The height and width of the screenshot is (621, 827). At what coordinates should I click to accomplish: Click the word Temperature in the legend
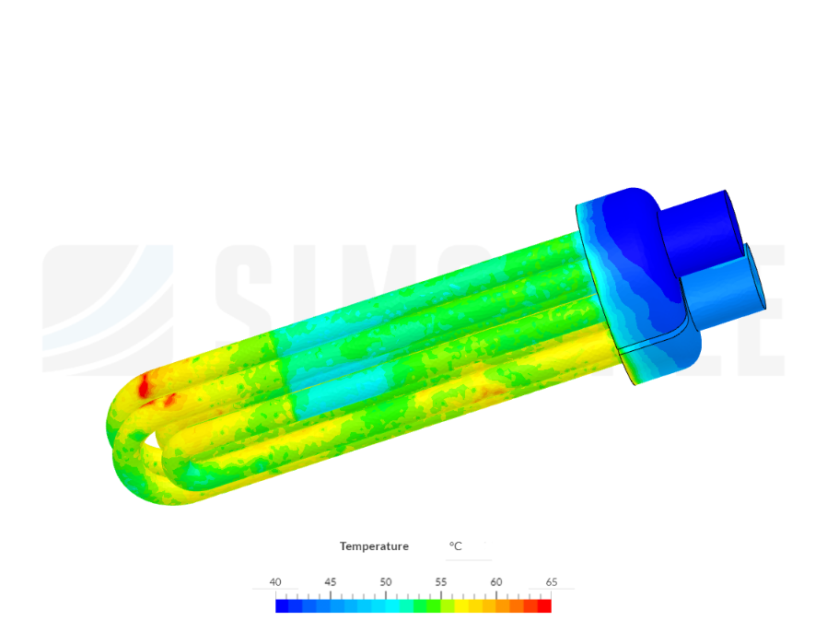[374, 546]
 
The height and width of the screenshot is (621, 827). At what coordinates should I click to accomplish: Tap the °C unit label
[455, 546]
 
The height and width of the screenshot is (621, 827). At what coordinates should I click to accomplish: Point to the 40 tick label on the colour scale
[275, 582]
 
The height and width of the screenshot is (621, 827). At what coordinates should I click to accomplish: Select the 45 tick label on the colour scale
[331, 582]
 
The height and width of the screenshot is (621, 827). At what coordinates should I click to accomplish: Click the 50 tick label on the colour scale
[386, 582]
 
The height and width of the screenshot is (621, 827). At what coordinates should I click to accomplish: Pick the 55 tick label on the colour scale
[441, 582]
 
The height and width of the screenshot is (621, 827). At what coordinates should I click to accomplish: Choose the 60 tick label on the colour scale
[496, 582]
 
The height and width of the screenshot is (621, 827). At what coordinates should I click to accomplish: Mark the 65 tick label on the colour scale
[551, 582]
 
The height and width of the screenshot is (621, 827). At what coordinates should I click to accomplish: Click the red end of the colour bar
[544, 605]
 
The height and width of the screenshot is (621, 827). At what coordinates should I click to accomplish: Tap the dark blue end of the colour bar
[282, 605]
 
